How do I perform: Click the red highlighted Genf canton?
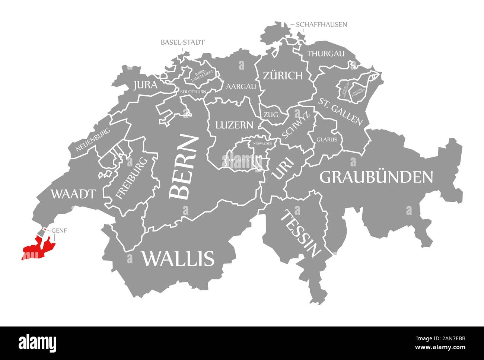tap(37, 248)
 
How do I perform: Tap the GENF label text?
tap(59, 230)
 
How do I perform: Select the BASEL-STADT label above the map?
tap(182, 42)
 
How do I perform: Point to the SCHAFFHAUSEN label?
tap(322, 25)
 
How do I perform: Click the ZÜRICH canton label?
tap(283, 76)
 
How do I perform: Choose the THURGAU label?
tap(325, 54)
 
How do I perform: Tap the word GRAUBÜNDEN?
tap(376, 177)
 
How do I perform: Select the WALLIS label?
tap(178, 258)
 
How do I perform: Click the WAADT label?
tap(73, 194)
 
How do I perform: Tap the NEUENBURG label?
tap(93, 140)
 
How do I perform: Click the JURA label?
tap(145, 85)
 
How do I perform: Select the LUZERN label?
tap(235, 125)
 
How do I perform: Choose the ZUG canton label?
tap(271, 115)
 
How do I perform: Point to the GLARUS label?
tap(327, 140)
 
